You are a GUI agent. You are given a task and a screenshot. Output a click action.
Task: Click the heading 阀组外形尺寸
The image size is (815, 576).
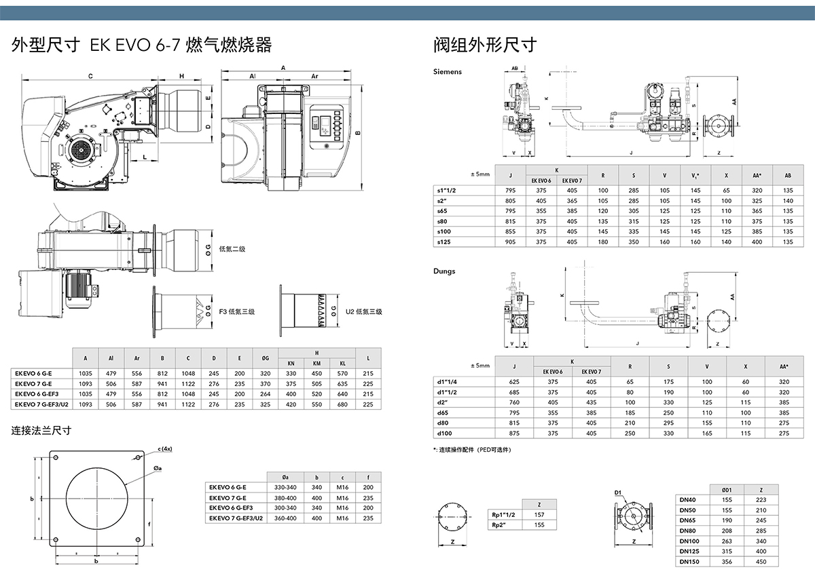485,45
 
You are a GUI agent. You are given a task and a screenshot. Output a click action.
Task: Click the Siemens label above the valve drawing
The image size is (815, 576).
448,71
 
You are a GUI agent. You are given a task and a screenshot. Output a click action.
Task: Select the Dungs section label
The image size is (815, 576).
444,271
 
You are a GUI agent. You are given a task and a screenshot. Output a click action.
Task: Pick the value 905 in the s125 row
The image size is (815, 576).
511,242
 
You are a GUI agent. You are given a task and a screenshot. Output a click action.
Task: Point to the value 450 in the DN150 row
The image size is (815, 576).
761,561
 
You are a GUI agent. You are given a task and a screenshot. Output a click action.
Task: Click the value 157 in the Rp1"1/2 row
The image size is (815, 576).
540,514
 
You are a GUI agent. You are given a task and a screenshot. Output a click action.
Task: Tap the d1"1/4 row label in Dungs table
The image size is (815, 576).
448,382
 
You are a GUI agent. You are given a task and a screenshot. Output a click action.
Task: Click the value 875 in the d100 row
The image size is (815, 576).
513,433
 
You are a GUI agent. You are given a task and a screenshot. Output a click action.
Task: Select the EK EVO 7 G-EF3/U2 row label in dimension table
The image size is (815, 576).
40,404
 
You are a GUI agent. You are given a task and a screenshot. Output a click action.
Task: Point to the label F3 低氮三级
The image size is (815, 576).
236,311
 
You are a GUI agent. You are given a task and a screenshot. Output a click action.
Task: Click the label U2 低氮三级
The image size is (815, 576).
364,311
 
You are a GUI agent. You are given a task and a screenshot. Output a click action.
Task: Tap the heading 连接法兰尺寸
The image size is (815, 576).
41,431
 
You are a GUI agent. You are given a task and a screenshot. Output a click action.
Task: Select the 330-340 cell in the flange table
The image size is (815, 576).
285,487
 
